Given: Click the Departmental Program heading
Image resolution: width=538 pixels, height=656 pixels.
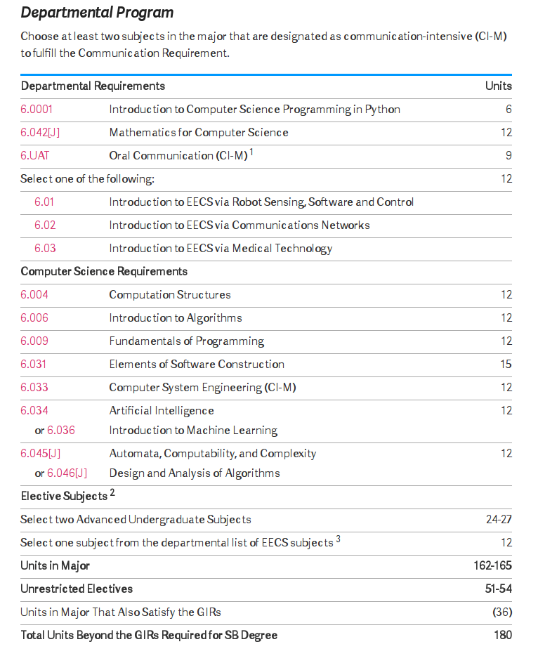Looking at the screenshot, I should pos(97,13).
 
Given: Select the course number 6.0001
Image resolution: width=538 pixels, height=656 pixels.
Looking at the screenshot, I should pos(37,110).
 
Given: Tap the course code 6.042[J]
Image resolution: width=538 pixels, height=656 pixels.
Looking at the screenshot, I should pos(40,133).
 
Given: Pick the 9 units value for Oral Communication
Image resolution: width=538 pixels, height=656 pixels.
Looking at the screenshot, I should pos(509,156).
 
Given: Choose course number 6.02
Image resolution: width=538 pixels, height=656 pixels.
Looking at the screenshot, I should pos(45,225).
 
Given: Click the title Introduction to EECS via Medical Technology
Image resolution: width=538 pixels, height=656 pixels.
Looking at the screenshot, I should pos(221,249).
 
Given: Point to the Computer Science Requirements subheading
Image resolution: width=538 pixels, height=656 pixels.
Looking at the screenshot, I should pos(104,271).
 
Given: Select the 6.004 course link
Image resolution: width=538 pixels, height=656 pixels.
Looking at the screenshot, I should pos(34,295).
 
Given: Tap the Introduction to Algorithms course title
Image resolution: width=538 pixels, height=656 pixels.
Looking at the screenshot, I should pos(176,318).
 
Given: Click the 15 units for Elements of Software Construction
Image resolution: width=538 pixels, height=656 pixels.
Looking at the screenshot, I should pos(506,365).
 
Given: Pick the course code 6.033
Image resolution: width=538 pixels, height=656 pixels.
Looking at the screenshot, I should pos(34,388).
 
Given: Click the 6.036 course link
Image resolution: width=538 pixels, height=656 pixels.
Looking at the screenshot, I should pos(61,431).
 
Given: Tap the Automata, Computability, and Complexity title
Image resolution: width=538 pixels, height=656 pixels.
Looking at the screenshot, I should pos(213,454).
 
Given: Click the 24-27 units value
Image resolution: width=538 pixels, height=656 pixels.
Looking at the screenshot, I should pos(499,520).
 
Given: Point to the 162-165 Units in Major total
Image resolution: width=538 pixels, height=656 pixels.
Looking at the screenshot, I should pos(492,565).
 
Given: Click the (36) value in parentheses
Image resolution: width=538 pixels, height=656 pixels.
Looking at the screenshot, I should pos(502,612).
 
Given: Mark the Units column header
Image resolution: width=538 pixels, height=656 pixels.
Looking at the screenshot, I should pos(499,86).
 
